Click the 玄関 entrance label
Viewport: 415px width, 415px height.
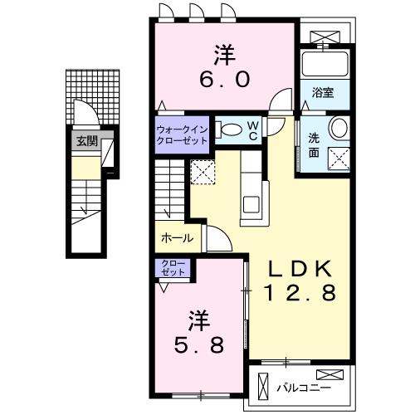pos(85,141)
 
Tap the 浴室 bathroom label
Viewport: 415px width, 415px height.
pos(323,94)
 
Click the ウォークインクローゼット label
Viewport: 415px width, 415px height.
pos(183,134)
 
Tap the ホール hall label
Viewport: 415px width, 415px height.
pos(176,238)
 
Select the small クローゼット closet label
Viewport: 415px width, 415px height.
pos(174,269)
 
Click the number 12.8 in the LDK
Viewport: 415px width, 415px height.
pos(300,293)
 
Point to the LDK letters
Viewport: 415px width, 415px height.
pos(300,268)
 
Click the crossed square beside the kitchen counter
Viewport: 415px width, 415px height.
pos(202,172)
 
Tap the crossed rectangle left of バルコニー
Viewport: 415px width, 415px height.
pos(264,387)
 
